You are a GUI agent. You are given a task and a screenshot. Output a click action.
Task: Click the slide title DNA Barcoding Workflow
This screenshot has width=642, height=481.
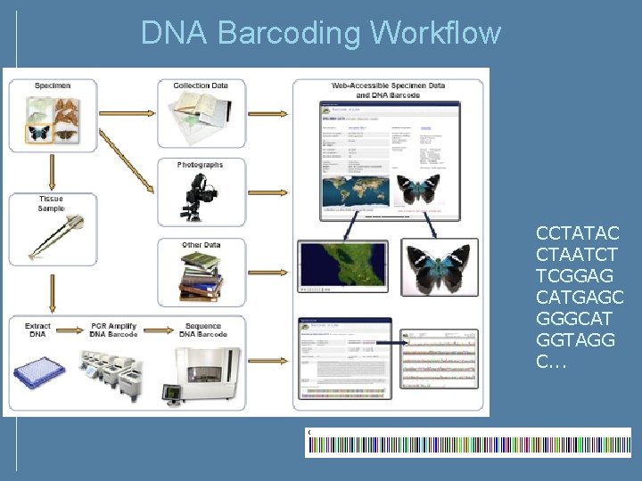point(321,33)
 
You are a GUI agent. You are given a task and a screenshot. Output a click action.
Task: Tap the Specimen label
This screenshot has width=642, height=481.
point(52,86)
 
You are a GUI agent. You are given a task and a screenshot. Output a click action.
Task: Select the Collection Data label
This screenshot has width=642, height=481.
point(200,86)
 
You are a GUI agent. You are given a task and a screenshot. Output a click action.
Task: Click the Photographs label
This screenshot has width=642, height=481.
point(200,165)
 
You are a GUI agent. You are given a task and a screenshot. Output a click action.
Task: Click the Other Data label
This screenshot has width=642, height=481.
point(200,245)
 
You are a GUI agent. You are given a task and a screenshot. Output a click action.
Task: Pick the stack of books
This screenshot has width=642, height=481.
point(200,276)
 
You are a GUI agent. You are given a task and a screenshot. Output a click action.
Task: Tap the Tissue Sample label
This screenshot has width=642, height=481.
point(51,204)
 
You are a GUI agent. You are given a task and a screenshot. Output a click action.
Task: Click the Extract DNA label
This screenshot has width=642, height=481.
point(37,330)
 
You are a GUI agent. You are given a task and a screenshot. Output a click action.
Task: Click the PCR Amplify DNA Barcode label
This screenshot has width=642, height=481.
point(114,330)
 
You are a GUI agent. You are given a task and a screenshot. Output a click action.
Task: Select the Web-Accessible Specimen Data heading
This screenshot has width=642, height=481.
point(388,90)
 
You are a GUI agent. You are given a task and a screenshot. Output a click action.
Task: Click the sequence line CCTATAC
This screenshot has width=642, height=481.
point(577,233)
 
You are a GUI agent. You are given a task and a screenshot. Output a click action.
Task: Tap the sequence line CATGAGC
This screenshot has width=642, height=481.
point(580,298)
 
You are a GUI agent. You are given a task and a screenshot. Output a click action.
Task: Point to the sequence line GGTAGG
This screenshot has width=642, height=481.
point(575,340)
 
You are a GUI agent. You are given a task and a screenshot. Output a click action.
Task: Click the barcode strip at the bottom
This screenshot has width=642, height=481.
point(468,443)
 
